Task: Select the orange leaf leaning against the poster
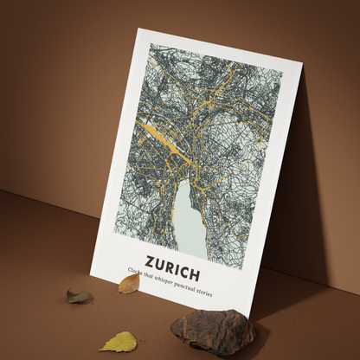coord(129,283)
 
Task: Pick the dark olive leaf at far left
coord(80,297)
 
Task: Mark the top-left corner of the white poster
coord(138,29)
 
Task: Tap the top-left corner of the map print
coord(151,43)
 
